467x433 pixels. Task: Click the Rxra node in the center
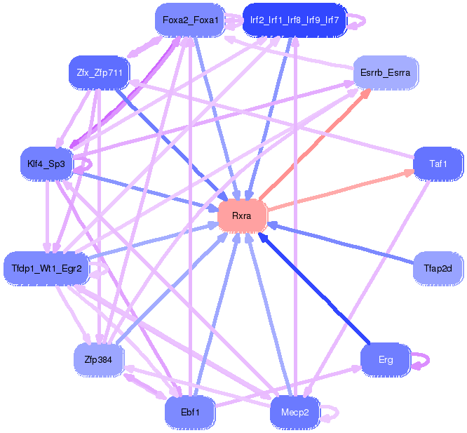click(242, 215)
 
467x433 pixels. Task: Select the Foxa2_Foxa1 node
click(190, 20)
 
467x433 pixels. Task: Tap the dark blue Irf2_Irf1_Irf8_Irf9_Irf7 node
click(295, 20)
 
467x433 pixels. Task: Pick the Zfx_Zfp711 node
click(99, 73)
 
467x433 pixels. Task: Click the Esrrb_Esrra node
click(386, 73)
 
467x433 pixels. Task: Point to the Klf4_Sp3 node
click(46, 164)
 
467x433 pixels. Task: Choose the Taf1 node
click(438, 164)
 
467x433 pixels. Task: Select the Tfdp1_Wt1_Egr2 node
click(46, 269)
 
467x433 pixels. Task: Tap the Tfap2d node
click(438, 269)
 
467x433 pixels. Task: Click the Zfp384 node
click(99, 360)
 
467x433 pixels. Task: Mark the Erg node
click(386, 360)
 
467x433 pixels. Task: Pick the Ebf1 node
click(190, 412)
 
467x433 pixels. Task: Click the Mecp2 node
click(295, 412)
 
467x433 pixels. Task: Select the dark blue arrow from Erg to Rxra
click(314, 288)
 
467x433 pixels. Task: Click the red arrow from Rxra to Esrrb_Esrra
click(315, 145)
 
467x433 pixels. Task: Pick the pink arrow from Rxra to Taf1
click(340, 189)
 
